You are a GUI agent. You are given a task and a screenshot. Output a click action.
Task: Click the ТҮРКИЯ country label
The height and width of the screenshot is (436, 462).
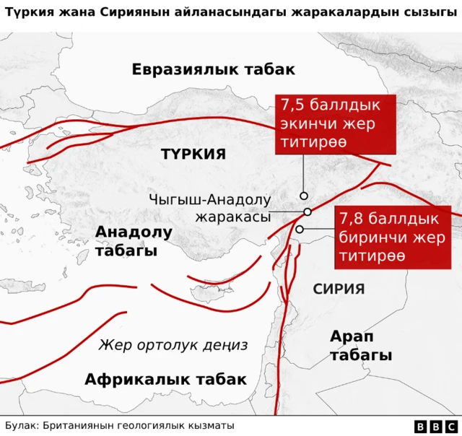click(193, 154)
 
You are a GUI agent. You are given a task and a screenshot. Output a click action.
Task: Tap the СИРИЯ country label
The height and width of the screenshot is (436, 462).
click(339, 289)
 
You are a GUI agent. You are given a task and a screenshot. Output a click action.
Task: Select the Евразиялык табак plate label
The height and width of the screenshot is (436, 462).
click(213, 69)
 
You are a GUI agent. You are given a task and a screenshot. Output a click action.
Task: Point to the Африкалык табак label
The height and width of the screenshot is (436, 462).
click(165, 380)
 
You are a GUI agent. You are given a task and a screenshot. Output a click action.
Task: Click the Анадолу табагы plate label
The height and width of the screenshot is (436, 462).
click(134, 241)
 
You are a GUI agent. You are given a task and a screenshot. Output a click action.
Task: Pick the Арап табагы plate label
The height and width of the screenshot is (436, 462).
click(360, 346)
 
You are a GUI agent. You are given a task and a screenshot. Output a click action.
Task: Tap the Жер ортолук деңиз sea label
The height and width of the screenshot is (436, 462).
click(173, 345)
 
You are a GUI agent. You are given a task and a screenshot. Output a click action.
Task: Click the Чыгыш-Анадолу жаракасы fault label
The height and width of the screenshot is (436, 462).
click(209, 208)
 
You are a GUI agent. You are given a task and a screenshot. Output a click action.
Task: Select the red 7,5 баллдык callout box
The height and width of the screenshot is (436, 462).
click(336, 123)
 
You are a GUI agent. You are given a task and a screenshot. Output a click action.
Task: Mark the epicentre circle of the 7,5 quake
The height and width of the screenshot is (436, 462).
click(304, 196)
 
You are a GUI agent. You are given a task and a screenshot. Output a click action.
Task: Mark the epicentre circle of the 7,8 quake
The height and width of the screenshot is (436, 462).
click(300, 230)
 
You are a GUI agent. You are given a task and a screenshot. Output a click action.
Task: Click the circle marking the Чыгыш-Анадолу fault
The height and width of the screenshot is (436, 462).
click(308, 212)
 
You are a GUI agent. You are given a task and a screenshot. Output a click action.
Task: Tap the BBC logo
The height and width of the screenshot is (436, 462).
click(436, 426)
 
